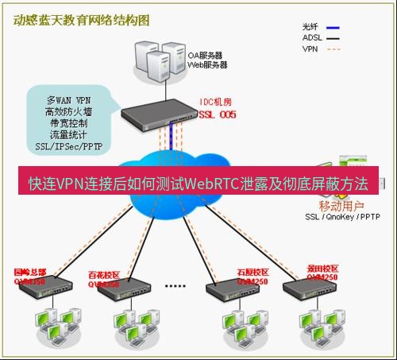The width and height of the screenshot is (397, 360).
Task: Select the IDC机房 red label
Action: [x=215, y=103]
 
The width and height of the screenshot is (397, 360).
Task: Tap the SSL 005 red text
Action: [x=217, y=114]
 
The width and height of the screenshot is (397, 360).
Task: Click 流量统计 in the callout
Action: [x=67, y=135]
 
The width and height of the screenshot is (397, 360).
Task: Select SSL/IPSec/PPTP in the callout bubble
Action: [x=67, y=146]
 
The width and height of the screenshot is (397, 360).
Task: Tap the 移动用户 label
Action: [x=338, y=205]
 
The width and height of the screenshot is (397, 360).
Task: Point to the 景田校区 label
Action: [x=322, y=268]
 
